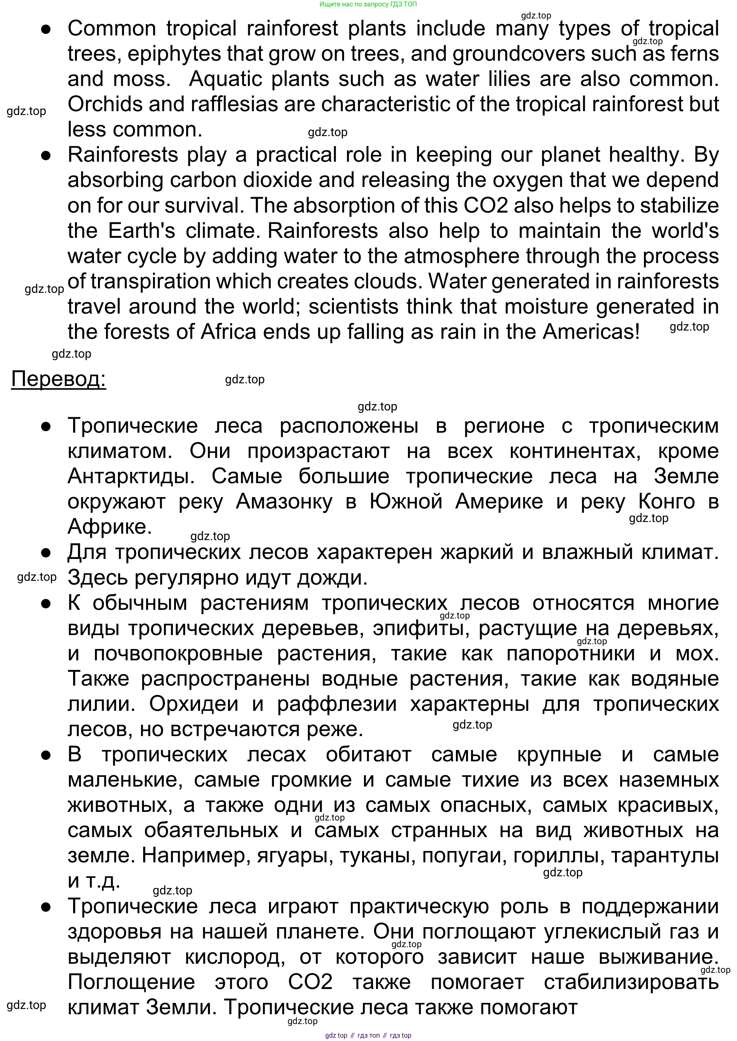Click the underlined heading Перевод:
58,379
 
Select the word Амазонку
284,502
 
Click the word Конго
666,502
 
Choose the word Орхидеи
194,704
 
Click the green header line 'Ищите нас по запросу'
368,4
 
